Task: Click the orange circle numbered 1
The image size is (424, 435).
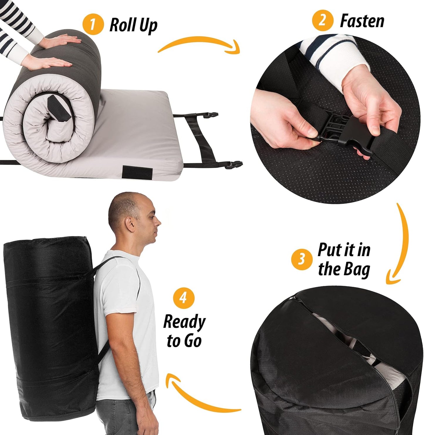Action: click(93, 24)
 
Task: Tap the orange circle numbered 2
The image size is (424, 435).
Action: click(322, 21)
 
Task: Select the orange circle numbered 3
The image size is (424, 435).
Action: click(302, 259)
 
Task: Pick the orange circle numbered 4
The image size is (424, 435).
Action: click(184, 298)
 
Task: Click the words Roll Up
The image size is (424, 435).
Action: click(133, 25)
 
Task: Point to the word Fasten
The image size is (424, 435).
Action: click(362, 21)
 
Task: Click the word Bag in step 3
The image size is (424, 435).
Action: click(355, 269)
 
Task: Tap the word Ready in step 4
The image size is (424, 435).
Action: click(184, 322)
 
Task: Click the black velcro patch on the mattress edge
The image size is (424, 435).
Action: click(135, 171)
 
